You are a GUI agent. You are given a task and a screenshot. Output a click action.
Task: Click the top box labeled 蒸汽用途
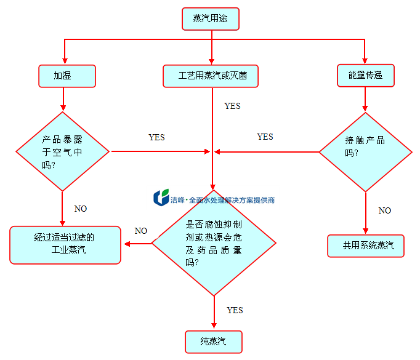210,18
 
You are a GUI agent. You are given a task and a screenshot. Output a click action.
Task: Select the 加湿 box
67,76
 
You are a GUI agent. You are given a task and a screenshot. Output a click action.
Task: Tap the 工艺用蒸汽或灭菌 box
210,76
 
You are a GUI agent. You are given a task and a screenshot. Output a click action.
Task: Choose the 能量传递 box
365,75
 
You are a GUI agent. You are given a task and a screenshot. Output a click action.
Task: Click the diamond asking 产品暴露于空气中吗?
62,151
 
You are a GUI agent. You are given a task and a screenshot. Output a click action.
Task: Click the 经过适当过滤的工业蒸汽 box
65,245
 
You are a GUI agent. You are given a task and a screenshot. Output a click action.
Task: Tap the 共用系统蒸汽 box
365,246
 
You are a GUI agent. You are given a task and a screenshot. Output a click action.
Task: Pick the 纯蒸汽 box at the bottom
213,342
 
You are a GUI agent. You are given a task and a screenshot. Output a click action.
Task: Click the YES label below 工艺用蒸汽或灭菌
232,106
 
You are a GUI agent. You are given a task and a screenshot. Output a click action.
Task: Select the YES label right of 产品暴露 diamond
157,137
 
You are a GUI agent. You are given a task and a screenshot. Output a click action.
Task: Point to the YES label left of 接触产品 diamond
265,137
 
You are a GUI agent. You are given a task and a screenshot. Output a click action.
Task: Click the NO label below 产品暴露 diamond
81,209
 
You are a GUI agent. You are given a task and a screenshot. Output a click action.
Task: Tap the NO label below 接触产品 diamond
384,210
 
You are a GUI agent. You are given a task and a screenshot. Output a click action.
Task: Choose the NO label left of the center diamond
141,231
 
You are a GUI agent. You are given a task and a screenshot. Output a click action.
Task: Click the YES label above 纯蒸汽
235,310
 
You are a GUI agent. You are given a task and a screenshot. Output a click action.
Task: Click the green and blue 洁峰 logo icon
161,198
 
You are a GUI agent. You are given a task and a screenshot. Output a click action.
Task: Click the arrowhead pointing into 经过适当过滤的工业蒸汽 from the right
126,244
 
